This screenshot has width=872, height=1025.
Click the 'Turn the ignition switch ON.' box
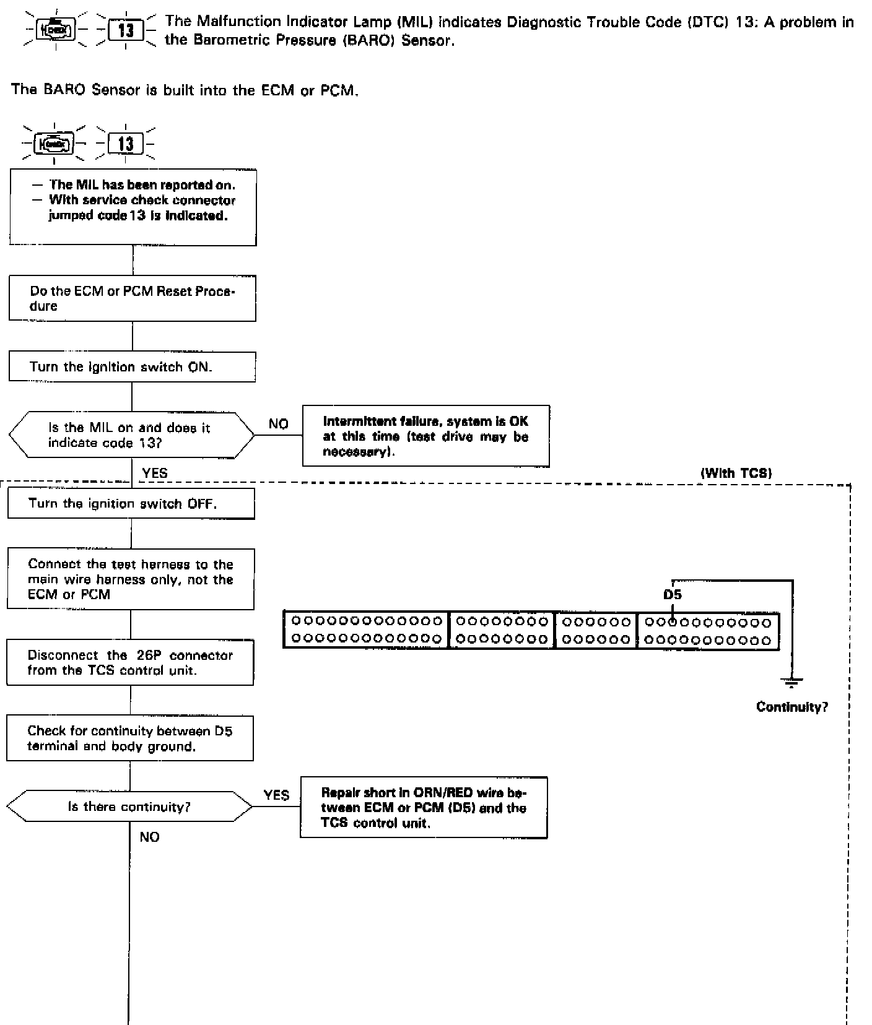[132, 366]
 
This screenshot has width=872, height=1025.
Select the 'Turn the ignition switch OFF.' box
[131, 503]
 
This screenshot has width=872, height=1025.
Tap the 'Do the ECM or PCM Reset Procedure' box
[132, 299]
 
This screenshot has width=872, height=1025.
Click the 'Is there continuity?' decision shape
[129, 807]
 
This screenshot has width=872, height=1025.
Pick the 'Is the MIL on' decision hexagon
[131, 435]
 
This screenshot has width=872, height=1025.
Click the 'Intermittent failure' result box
[425, 436]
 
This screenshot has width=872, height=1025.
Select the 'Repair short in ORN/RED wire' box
[424, 808]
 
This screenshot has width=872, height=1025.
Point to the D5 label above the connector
[672, 595]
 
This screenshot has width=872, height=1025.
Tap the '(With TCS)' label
[736, 474]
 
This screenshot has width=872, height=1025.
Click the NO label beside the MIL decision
[279, 424]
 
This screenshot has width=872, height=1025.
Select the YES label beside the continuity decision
[276, 795]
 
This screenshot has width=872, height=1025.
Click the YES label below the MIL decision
[154, 474]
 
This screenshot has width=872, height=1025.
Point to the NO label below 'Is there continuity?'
[149, 837]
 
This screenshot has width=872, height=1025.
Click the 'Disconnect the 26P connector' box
[130, 662]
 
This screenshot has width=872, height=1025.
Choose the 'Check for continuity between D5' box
[130, 738]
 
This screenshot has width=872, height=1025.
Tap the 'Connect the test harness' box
[131, 579]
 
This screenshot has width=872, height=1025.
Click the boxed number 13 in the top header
[126, 30]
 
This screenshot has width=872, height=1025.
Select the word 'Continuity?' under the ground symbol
[791, 707]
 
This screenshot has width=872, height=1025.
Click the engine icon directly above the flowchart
[54, 144]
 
